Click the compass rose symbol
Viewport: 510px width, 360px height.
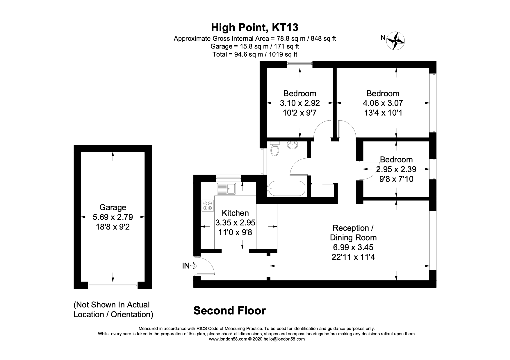point(396,40)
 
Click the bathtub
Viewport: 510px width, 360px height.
point(286,188)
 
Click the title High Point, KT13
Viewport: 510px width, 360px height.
point(254,28)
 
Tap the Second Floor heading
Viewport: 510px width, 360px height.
point(229,311)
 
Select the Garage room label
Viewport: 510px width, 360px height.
point(113,207)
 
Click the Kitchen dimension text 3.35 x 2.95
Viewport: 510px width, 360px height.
point(235,223)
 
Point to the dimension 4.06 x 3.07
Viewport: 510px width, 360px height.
point(383,103)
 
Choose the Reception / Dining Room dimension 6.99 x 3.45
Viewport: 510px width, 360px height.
point(353,248)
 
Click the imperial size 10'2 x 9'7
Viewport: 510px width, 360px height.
point(300,113)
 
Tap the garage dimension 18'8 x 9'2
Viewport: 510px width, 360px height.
point(113,227)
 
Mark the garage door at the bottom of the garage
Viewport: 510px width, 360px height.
point(113,285)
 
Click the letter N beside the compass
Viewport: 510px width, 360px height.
point(383,37)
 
